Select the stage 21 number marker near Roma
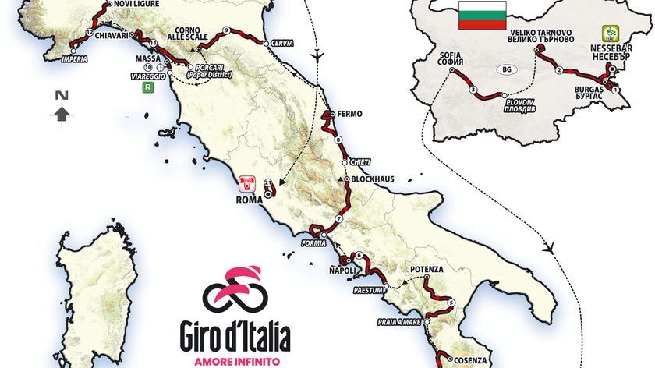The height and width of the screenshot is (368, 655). coord(268,183)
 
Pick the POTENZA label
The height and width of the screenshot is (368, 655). coord(427,269)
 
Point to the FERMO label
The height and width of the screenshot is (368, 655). coord(350,114)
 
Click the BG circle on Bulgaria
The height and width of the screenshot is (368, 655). coord(506,69)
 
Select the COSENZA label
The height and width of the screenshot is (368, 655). coord(469,360)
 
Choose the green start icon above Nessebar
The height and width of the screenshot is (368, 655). coord(608,34)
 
